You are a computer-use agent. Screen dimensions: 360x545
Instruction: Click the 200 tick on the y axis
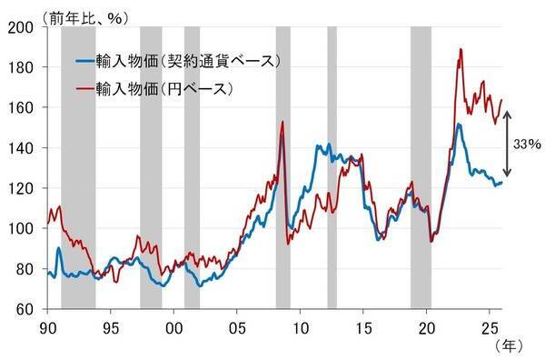(x=25, y=27)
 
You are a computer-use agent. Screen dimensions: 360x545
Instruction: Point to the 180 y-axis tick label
(x=25, y=67)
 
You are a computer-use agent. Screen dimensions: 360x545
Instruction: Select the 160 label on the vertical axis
(x=25, y=107)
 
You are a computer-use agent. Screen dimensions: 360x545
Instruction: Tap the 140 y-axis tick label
(x=25, y=147)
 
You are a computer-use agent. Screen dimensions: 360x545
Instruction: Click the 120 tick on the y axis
(x=25, y=188)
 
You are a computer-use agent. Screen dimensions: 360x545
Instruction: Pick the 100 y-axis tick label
(x=25, y=228)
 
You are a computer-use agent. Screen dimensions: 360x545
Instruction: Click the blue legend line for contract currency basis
(x=87, y=62)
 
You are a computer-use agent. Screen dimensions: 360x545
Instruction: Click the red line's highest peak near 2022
(x=461, y=49)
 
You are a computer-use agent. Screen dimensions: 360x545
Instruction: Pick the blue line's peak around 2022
(x=459, y=125)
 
